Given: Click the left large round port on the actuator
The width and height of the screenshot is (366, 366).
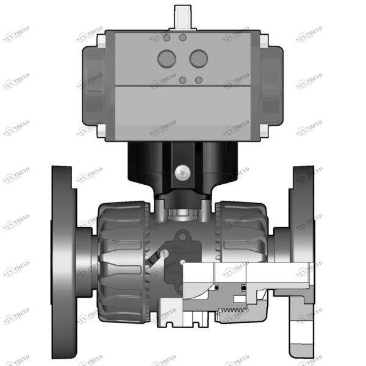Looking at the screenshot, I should pyautogui.click(x=167, y=59).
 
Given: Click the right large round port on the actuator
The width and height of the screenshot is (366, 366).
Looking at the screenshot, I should pyautogui.click(x=198, y=59).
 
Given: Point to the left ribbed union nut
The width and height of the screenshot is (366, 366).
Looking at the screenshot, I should pyautogui.click(x=122, y=256).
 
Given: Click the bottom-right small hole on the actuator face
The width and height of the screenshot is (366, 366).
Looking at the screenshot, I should pyautogui.click(x=199, y=80).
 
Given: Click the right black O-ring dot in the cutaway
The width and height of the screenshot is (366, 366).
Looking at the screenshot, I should pyautogui.click(x=243, y=287).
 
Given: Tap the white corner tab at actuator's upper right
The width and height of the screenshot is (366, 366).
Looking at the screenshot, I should pyautogui.click(x=264, y=40).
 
